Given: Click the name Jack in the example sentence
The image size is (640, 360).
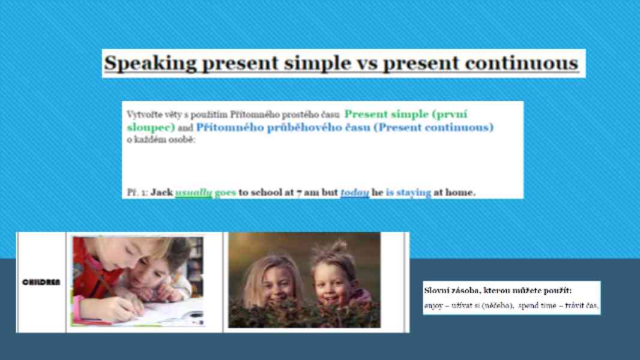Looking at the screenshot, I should pyautogui.click(x=162, y=193).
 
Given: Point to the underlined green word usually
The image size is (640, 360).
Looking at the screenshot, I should pyautogui.click(x=193, y=193).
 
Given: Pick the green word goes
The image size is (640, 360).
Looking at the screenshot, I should pyautogui.click(x=225, y=193).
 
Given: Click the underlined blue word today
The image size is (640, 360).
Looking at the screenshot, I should pyautogui.click(x=354, y=193).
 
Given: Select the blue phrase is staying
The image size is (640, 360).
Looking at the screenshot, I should pyautogui.click(x=408, y=193).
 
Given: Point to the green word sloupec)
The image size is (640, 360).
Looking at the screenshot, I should pyautogui.click(x=151, y=127).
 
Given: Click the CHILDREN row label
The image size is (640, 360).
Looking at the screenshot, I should pyautogui.click(x=41, y=281).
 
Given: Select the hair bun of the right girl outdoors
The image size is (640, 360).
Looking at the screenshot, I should pyautogui.click(x=338, y=247).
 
